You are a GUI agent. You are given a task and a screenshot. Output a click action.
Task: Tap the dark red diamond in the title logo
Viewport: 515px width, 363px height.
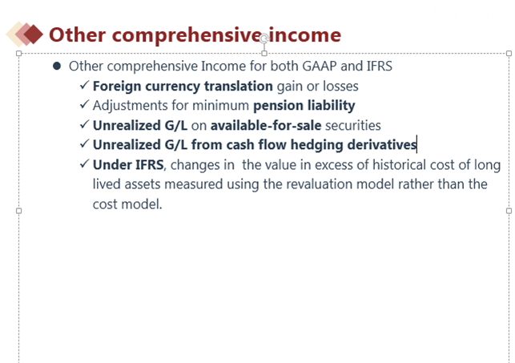pos(33,34)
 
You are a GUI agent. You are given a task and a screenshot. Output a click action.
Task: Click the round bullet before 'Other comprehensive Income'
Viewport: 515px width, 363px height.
pos(57,66)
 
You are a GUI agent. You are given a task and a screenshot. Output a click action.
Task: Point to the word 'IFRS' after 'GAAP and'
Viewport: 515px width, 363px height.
pos(379,66)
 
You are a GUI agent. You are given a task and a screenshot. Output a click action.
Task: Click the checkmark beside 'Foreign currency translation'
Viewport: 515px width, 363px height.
pos(84,85)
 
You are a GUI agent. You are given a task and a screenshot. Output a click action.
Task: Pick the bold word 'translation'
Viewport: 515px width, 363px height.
pos(238,86)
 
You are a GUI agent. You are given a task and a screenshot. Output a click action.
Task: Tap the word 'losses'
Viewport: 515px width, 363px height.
pos(340,86)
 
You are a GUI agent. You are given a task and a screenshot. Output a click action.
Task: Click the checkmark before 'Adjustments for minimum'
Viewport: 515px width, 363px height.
pos(84,105)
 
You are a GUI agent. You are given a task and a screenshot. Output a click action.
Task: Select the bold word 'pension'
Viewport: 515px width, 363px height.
pos(278,106)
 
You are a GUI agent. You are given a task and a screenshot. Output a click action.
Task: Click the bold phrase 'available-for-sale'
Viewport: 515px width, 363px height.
pos(266,126)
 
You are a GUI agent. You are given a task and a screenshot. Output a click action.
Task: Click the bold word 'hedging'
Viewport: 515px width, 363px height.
pos(316,145)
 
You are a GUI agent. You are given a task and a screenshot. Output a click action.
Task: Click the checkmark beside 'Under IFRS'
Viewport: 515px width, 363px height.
pos(84,164)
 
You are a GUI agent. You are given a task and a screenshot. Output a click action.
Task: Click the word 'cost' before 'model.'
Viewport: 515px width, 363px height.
pos(104,204)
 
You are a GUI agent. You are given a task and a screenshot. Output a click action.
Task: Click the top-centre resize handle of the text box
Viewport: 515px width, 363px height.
pos(264,53)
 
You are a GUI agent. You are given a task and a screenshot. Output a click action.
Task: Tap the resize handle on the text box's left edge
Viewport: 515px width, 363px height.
pos(18,211)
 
